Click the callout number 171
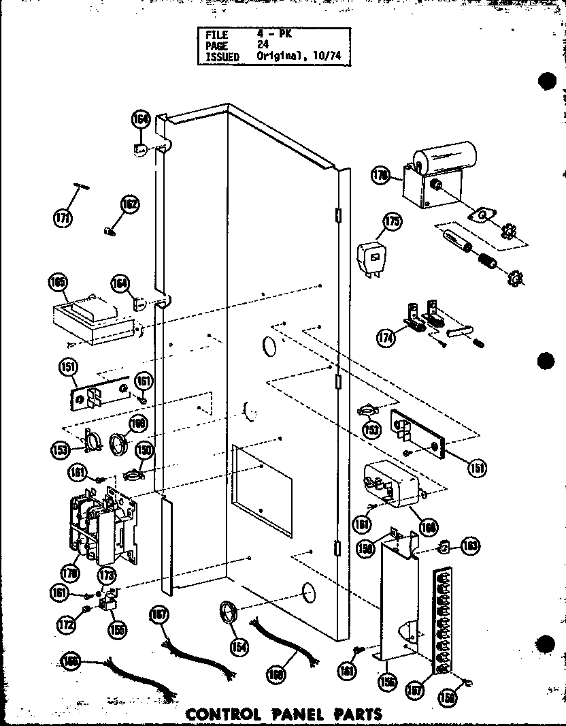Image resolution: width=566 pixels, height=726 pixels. (x=63, y=218)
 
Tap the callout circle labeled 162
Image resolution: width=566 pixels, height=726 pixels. (x=129, y=204)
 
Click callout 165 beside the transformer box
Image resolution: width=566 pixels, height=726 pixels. (x=57, y=283)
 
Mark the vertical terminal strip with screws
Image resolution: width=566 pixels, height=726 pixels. (x=444, y=622)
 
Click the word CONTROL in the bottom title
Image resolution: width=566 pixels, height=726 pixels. (x=224, y=714)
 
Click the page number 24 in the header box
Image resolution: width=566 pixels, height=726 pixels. (x=263, y=45)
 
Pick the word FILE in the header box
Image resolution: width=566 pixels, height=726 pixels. (x=217, y=34)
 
